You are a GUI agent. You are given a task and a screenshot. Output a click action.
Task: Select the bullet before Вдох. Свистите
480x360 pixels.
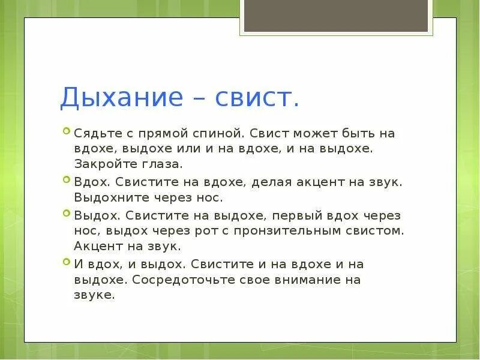[x=66, y=179]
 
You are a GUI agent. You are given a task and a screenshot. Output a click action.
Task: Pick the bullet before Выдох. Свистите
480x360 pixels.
[x=66, y=212]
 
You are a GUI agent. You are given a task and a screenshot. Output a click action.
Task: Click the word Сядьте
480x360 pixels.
[x=93, y=133]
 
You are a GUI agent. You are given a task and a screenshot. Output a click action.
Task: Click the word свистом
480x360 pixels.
[x=375, y=230]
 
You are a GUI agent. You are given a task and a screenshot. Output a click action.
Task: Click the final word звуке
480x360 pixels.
[x=94, y=295]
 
